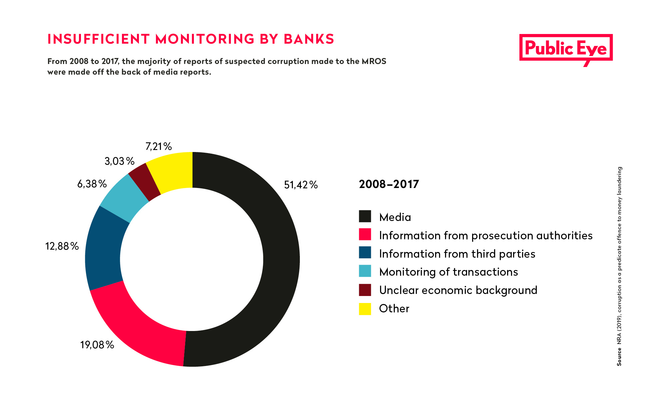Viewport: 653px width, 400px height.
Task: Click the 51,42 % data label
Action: [x=301, y=185]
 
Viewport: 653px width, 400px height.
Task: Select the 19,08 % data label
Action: [x=97, y=345]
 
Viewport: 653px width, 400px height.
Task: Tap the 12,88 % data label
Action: [x=62, y=246]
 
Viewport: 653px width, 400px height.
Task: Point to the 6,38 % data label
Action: [x=92, y=184]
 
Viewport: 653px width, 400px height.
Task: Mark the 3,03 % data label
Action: [x=120, y=161]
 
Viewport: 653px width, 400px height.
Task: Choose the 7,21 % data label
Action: [x=159, y=146]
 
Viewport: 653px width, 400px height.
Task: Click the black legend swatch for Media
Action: [x=365, y=216]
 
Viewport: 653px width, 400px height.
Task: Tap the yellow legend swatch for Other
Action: [x=365, y=309]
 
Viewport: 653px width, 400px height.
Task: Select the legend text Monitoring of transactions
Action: [x=448, y=272]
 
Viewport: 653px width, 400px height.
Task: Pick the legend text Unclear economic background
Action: [x=458, y=290]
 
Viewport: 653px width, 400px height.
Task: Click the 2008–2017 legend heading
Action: [x=389, y=184]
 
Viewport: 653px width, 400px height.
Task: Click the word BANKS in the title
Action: [x=309, y=39]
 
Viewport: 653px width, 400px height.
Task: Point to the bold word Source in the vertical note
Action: [x=619, y=357]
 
